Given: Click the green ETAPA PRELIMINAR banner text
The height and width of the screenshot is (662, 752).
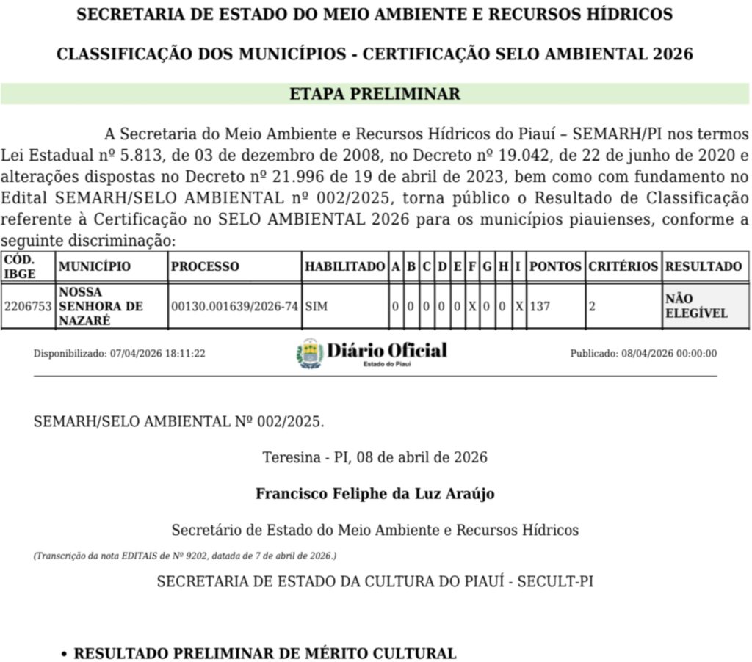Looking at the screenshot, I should coord(375,94).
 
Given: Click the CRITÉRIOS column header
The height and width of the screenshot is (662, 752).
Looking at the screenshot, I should coord(623,266).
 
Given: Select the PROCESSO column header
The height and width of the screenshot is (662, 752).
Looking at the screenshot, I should coord(205,266).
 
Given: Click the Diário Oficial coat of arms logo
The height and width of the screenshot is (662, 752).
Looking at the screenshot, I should coord(310,353).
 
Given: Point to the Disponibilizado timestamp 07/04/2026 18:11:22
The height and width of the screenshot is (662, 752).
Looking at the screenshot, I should coord(120,354).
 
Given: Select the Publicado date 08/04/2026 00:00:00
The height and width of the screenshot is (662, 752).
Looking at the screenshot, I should coord(643,354).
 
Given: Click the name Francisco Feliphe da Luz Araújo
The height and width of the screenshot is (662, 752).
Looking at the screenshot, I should coord(375,493).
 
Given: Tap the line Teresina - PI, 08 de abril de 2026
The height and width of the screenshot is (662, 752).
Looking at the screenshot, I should coord(375,457).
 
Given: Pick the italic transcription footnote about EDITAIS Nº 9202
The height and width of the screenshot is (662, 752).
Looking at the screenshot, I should coord(185,556).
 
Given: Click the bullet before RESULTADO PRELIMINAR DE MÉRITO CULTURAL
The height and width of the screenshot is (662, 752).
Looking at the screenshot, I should coord(65,653).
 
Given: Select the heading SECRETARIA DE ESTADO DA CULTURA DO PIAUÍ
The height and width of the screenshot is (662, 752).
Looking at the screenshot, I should coord(375,581).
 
